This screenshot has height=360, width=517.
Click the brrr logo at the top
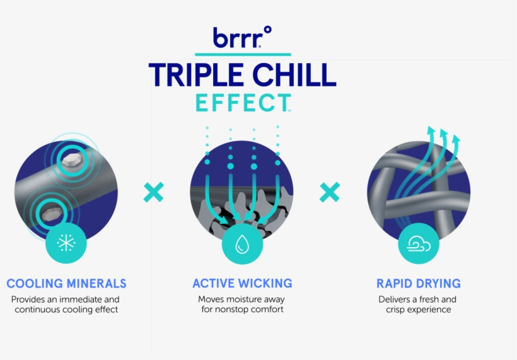[242, 37]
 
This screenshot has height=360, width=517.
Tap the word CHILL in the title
[294, 75]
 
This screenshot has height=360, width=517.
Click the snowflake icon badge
[66, 243]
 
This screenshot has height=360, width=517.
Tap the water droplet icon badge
[242, 244]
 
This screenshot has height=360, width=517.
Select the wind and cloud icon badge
[419, 243]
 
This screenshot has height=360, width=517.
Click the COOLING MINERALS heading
[67, 284]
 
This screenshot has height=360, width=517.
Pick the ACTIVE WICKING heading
[242, 283]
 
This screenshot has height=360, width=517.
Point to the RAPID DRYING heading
[419, 284]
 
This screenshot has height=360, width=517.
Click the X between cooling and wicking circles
[154, 192]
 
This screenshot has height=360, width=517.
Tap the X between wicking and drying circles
[330, 192]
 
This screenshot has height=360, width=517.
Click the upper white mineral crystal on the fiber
[71, 160]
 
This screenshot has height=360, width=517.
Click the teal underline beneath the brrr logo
[243, 54]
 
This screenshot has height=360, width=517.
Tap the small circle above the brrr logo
[268, 30]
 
